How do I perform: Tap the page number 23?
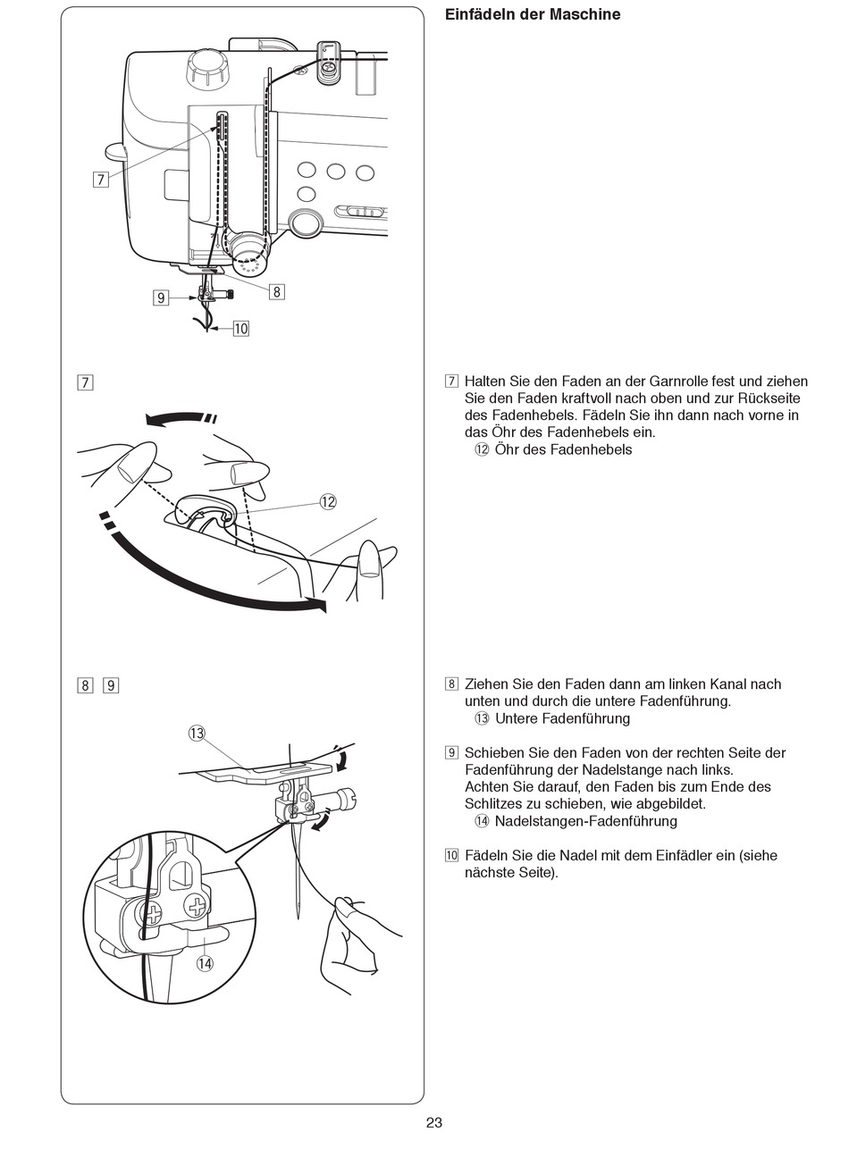(434, 1123)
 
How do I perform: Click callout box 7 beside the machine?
(100, 180)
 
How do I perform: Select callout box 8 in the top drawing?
(276, 291)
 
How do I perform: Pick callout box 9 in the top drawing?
(161, 298)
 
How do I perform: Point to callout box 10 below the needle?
(240, 329)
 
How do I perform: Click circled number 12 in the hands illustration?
(328, 502)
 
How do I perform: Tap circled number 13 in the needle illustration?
(197, 734)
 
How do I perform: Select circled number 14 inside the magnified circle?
(206, 963)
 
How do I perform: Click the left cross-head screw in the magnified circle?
(153, 914)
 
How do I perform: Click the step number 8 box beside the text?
(451, 684)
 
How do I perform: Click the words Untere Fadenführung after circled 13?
(562, 718)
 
